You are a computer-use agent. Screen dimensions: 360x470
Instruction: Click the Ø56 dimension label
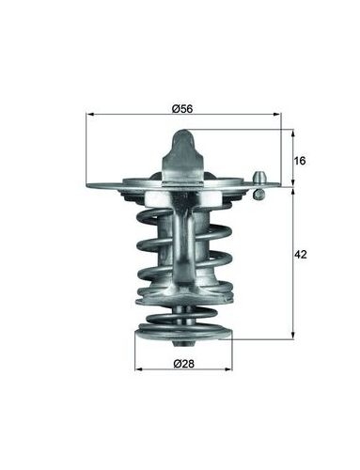click(x=182, y=109)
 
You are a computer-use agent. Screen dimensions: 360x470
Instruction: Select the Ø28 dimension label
click(x=184, y=364)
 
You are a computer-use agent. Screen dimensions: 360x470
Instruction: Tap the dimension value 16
click(x=300, y=161)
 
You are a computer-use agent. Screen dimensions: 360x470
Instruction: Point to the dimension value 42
click(x=300, y=255)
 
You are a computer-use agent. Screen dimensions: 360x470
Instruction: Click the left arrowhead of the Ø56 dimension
click(x=89, y=115)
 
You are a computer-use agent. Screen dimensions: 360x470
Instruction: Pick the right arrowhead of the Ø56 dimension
click(x=277, y=115)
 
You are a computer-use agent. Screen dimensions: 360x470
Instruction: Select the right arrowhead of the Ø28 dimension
click(x=228, y=369)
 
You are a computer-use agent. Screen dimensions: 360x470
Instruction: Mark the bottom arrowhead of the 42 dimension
click(x=293, y=336)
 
